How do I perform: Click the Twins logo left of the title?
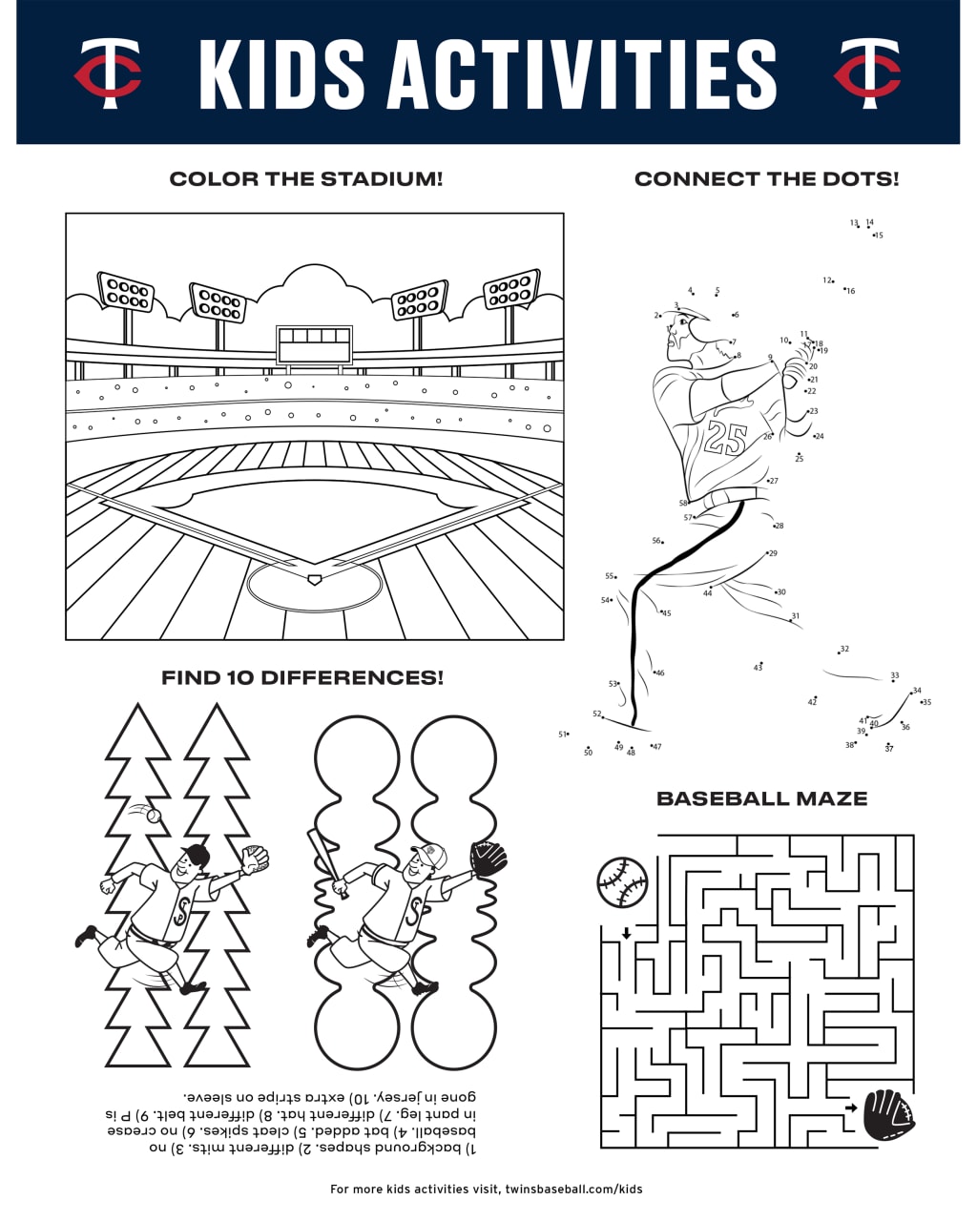coord(108,72)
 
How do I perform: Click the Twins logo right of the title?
coord(866,72)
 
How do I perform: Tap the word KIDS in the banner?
coord(281,73)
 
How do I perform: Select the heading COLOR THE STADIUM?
coord(305,179)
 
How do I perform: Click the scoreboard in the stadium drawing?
coord(314,345)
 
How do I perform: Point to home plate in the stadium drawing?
coord(314,579)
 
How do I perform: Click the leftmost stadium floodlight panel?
coord(126,291)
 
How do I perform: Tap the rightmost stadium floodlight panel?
coord(511,290)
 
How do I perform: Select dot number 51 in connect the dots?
coord(568,734)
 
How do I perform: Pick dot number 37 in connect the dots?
coord(888,744)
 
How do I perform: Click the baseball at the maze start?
coord(622,881)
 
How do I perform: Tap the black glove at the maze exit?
coord(888,1115)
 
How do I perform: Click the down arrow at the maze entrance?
coord(626,933)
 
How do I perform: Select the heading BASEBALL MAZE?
coord(761,799)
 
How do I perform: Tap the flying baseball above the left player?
coord(152,816)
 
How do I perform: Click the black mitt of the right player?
coord(488,859)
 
